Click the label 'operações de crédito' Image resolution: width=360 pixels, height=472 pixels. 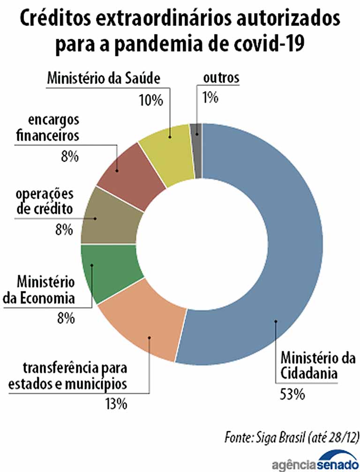pyautogui.click(x=45, y=201)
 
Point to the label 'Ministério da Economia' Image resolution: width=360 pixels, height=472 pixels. pyautogui.click(x=45, y=290)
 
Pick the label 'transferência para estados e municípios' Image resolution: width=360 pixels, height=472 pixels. pyautogui.click(x=67, y=375)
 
